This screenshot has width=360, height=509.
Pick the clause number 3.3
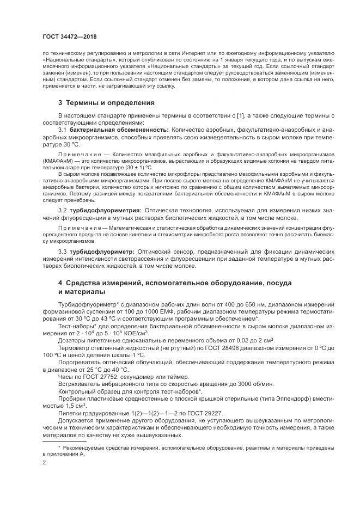tap(62, 252)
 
